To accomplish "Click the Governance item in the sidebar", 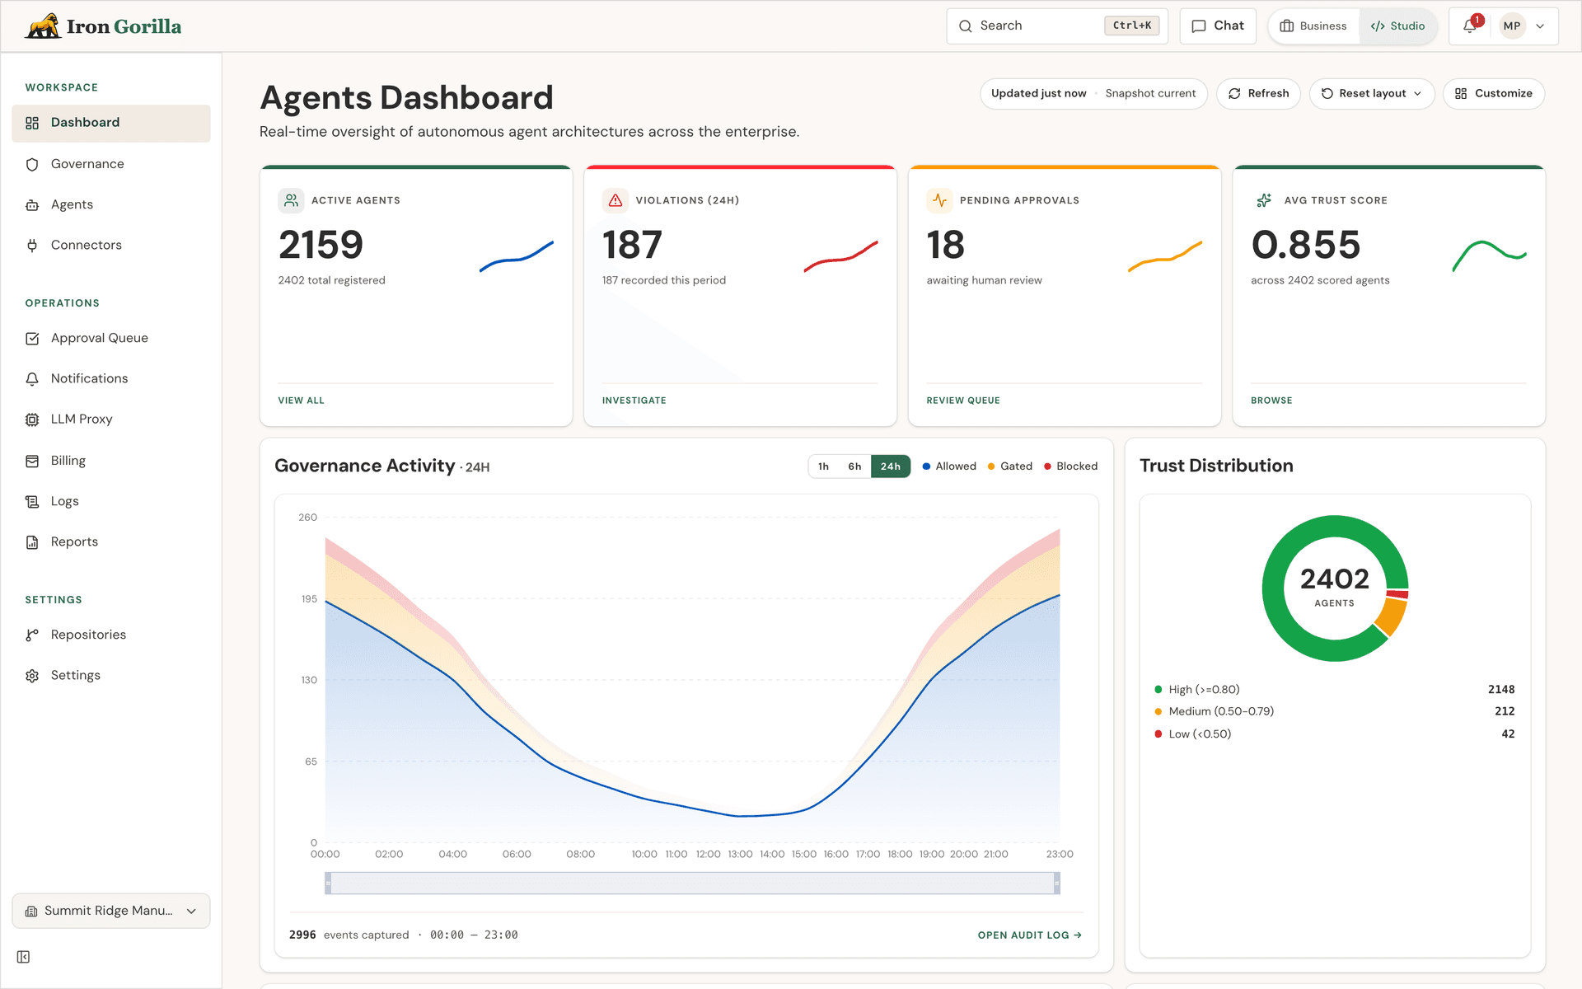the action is (x=87, y=164).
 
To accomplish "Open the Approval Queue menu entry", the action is (x=99, y=338).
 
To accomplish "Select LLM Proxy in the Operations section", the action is (x=82, y=420).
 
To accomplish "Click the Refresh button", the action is (x=1258, y=94).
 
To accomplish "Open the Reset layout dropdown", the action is (x=1371, y=94).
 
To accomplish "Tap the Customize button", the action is (x=1493, y=94).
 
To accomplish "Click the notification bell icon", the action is (x=1470, y=26).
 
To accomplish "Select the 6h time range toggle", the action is (x=854, y=466).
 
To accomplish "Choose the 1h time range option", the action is (x=823, y=466).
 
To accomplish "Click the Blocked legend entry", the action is (x=1070, y=466).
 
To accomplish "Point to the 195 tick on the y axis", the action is (x=309, y=599).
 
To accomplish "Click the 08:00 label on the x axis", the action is (x=580, y=855).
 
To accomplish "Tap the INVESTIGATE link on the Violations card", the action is (x=634, y=401).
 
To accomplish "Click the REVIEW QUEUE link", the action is (x=962, y=401).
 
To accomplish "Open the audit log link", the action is (x=1029, y=935).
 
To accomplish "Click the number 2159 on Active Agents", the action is (x=321, y=245).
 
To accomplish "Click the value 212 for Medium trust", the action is (x=1505, y=711).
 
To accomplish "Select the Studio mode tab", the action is (x=1397, y=26).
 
